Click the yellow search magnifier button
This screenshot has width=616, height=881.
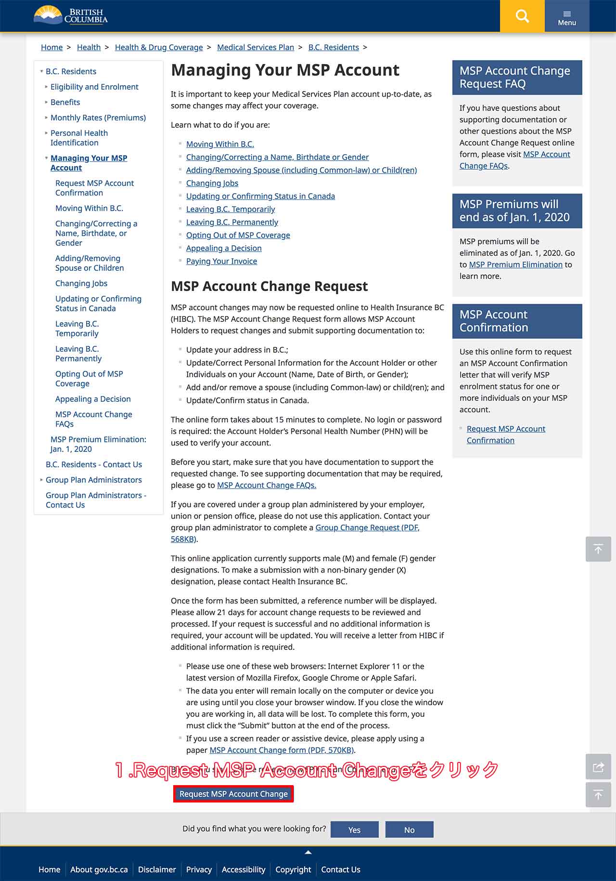pos(522,16)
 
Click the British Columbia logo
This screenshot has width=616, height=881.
pos(71,15)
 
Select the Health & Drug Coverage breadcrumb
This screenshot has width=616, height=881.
pos(159,47)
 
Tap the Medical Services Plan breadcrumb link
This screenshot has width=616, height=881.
pos(255,47)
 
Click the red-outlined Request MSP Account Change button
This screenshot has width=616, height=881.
pos(233,794)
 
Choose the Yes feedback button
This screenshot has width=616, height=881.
pos(354,829)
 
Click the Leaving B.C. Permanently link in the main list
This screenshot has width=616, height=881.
pos(232,222)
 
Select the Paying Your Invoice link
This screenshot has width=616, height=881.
pos(221,261)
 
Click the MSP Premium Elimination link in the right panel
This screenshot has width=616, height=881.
pos(515,264)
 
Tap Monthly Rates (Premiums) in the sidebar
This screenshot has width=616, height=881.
pos(98,118)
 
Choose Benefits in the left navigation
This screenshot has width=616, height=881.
pos(65,102)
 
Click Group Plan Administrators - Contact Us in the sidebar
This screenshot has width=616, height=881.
pos(96,500)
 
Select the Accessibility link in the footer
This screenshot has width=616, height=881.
pos(243,869)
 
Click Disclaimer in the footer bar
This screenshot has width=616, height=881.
pos(157,869)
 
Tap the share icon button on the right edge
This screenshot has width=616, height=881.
pos(598,767)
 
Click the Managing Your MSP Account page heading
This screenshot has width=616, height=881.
pos(285,70)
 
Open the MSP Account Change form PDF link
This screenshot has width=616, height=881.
pos(282,750)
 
